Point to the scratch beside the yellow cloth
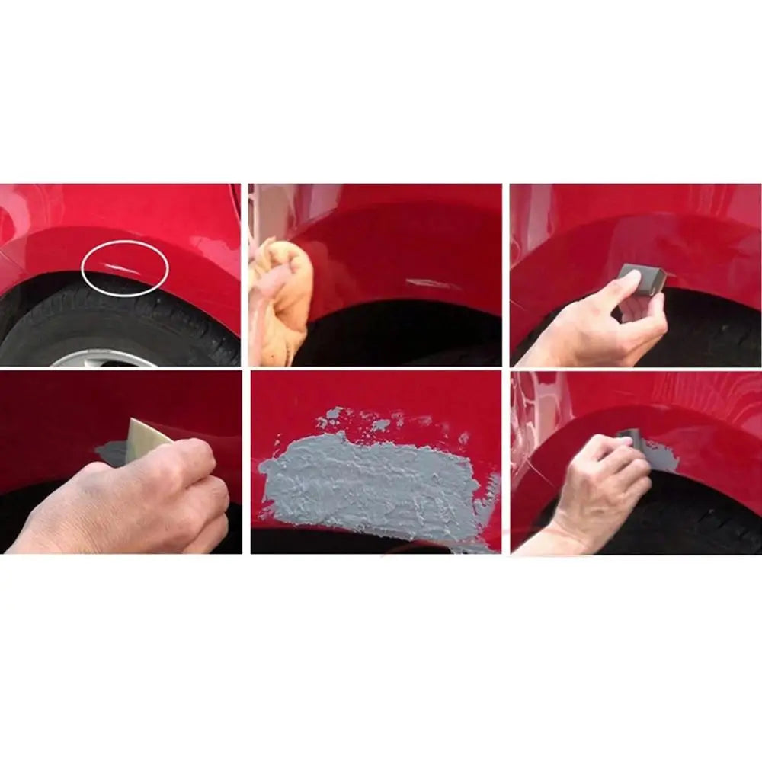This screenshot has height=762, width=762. pos(431,284)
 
